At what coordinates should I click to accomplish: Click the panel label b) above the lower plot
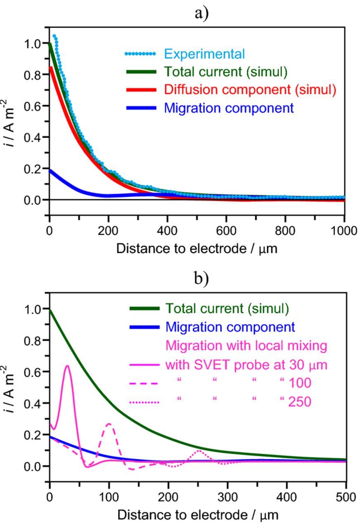202,279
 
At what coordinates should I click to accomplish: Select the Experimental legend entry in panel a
204,54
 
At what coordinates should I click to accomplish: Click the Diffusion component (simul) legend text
250,90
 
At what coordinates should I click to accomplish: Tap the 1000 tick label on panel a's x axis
344,231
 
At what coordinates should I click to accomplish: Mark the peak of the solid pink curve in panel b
67,365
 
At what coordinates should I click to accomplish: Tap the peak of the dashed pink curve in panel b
109,424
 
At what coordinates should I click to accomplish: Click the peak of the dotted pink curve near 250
199,450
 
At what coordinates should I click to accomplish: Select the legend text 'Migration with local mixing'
246,345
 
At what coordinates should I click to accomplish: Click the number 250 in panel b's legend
299,401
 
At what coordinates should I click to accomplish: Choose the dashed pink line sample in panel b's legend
144,384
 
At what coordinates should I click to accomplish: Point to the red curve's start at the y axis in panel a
50,68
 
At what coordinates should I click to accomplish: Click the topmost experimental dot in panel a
54,36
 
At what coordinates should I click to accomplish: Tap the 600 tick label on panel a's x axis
226,231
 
